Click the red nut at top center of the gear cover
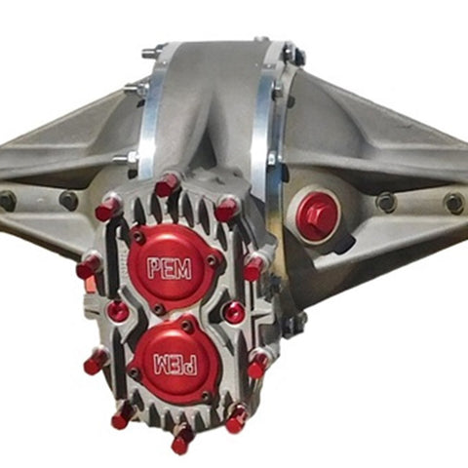167,184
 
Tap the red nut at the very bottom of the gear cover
182,438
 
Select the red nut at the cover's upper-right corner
227,208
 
